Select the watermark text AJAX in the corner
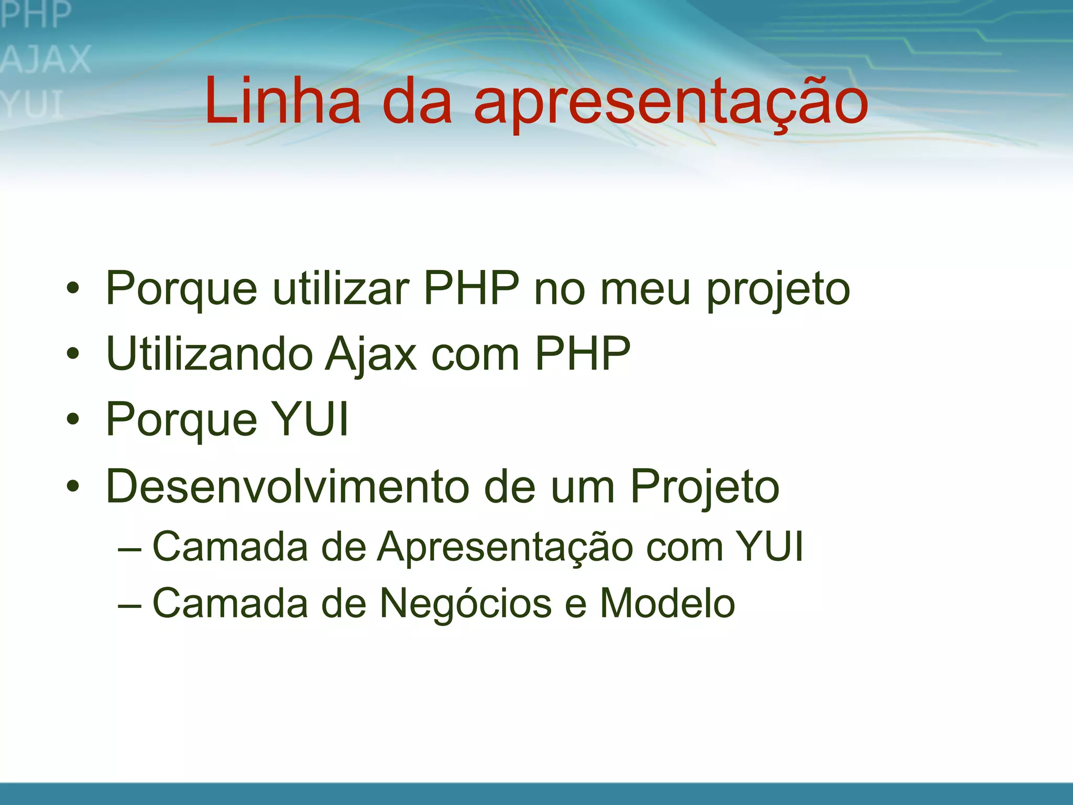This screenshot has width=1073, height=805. pos(46,59)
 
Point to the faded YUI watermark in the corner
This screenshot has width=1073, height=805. pos(32,104)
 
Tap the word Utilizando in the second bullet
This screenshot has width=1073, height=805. pos(209,354)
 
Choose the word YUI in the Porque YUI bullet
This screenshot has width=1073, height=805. pos(311,419)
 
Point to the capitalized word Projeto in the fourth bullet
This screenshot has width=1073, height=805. pos(704,487)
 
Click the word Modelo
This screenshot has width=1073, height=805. pos(667,603)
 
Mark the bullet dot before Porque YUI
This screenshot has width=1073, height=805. pos(73,419)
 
